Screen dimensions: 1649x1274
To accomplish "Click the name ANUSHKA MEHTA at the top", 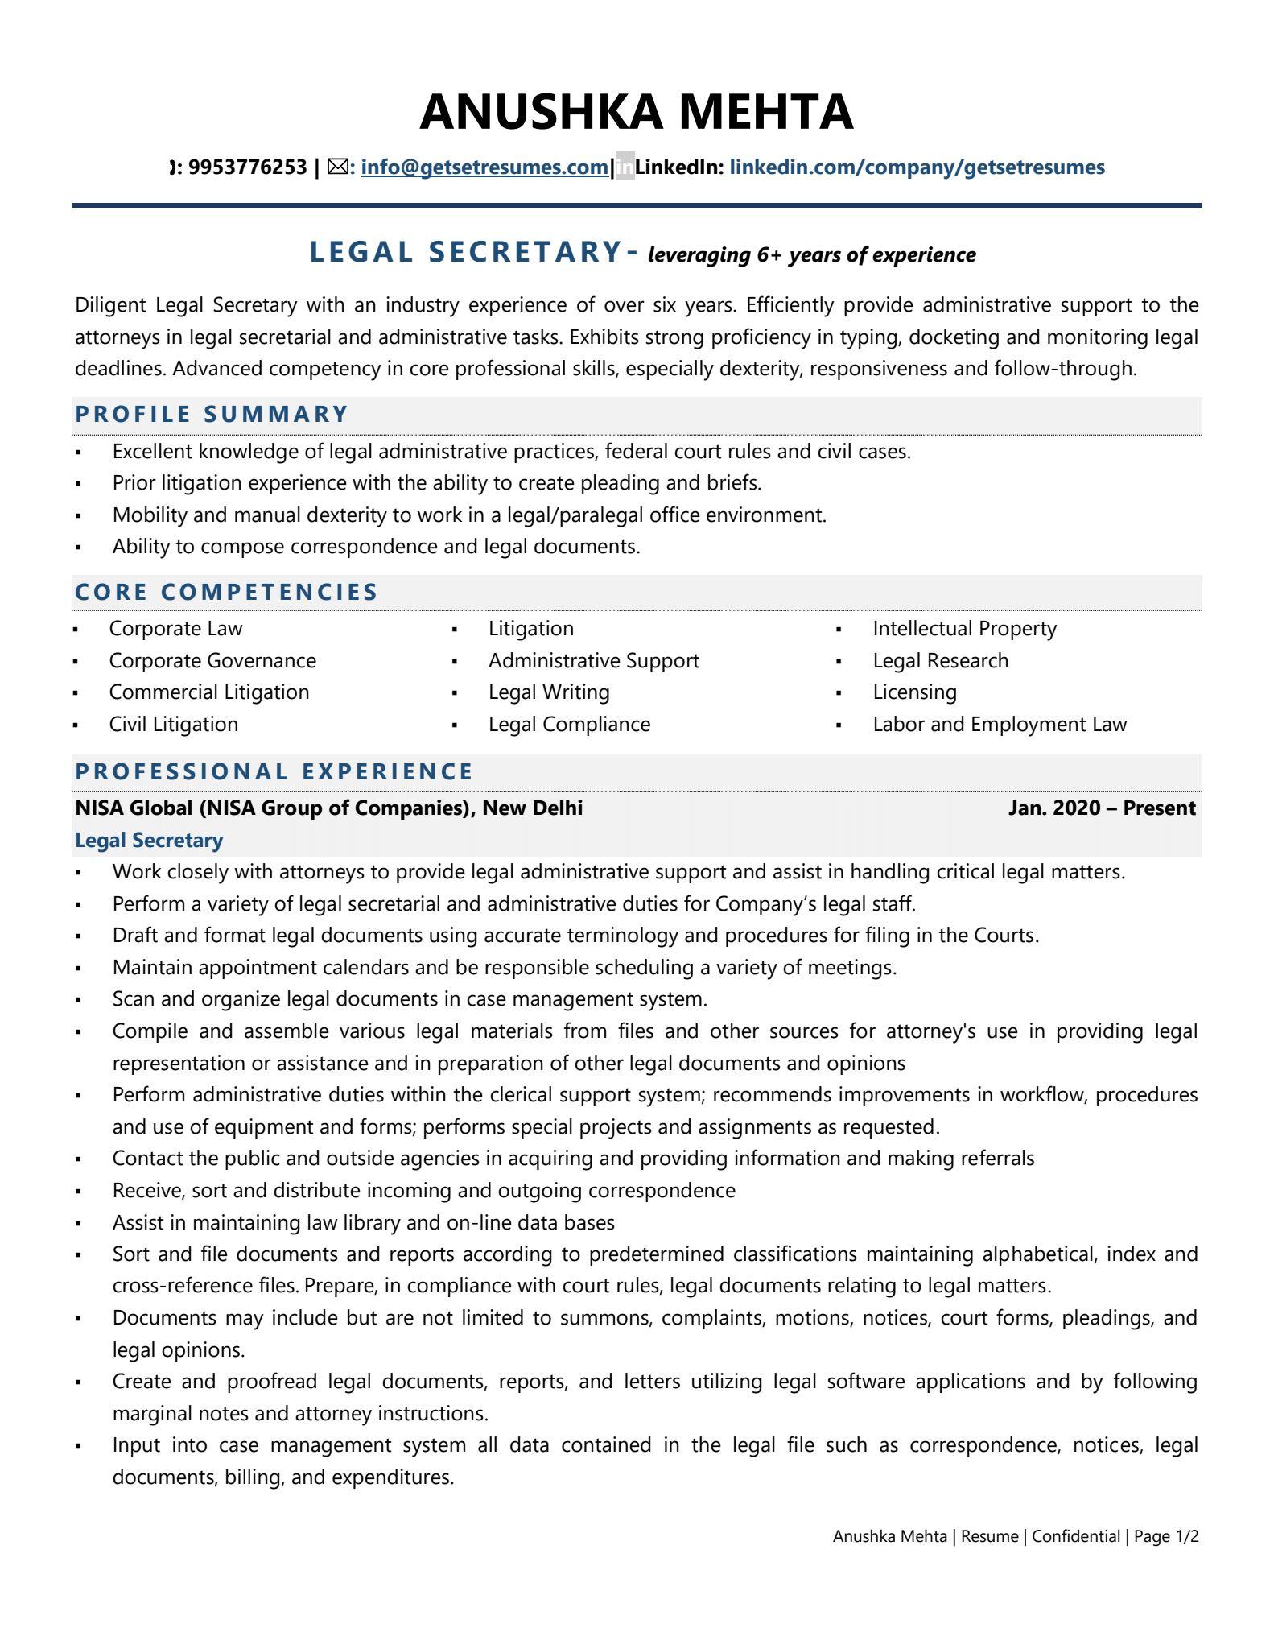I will [x=636, y=112].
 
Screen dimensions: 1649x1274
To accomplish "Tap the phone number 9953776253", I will [x=247, y=167].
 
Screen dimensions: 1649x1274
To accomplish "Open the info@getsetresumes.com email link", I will [x=484, y=167].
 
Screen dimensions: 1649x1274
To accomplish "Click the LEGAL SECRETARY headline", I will [x=466, y=252].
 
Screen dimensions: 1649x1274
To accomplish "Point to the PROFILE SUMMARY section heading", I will [x=212, y=415].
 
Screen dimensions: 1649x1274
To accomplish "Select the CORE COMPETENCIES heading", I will [x=226, y=593].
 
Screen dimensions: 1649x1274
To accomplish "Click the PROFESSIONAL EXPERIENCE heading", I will [x=274, y=772].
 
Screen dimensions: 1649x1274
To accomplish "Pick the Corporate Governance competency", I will [x=212, y=661].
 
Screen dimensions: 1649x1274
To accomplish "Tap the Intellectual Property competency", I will [x=964, y=629].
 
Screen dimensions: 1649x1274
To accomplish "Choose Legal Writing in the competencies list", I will [x=549, y=692].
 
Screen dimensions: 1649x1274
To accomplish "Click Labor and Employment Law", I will [x=1000, y=725].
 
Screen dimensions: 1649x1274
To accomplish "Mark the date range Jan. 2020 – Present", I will [x=1101, y=808].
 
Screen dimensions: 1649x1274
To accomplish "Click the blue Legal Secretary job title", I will [x=149, y=841].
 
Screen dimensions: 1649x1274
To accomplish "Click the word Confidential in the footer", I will [x=1075, y=1536].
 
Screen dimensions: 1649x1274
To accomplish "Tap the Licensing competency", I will [x=914, y=692].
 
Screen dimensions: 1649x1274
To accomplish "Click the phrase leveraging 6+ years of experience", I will [x=811, y=255].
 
